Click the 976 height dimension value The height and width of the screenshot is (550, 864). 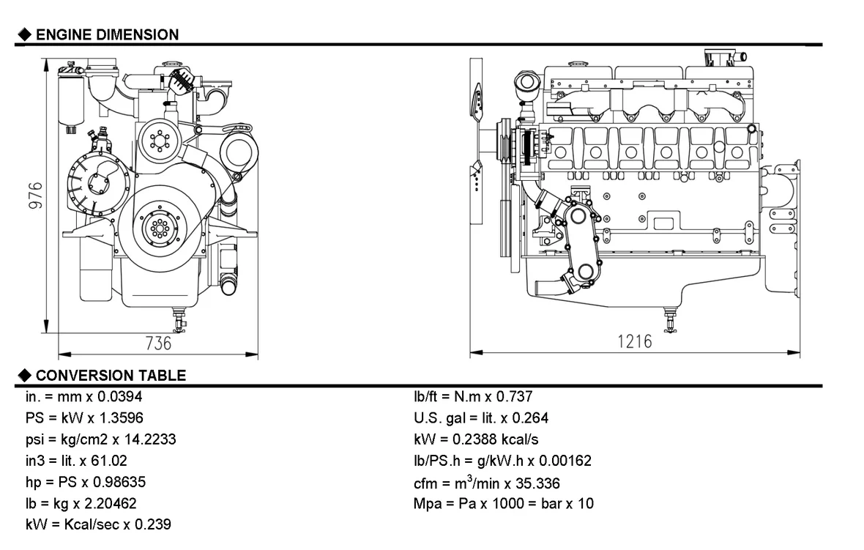tap(34, 196)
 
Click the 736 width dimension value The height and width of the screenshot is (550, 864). tap(158, 343)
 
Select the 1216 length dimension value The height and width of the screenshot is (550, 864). tap(634, 341)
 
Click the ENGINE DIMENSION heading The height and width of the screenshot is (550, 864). tap(107, 34)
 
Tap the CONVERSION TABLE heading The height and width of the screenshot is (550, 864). tap(111, 376)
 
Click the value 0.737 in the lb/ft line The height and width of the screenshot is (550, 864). tap(515, 397)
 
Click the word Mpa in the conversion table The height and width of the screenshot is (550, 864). tap(427, 504)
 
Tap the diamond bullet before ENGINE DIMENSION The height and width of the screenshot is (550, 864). tap(24, 34)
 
